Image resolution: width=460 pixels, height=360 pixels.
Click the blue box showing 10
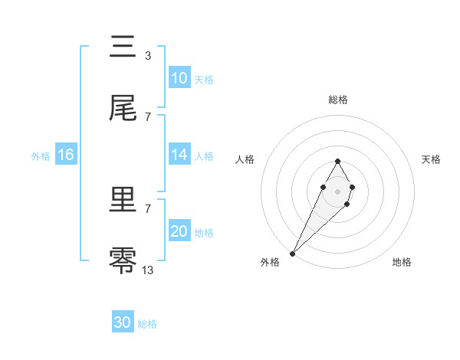coord(179,78)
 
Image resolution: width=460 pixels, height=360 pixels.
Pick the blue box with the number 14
coord(179,155)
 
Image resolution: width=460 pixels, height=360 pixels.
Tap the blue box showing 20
coord(179,231)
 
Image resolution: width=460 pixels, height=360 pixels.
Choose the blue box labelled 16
coord(65,155)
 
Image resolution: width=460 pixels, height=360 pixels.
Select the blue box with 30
coord(123,322)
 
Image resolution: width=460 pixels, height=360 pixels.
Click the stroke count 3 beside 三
coord(147,55)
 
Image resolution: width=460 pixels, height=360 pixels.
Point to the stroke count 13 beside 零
coord(147,270)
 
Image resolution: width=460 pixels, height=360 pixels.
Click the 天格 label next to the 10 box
coord(204,79)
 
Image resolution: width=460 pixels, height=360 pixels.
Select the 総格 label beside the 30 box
coord(147,324)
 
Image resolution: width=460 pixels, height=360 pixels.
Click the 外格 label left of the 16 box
coord(41,155)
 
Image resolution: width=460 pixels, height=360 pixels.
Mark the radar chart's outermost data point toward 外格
coord(292,253)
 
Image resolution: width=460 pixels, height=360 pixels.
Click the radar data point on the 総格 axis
coord(337,161)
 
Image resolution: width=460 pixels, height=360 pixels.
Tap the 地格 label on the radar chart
coord(402,262)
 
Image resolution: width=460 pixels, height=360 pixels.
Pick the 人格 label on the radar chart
coord(245,159)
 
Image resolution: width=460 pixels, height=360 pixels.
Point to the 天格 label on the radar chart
coord(431,159)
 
